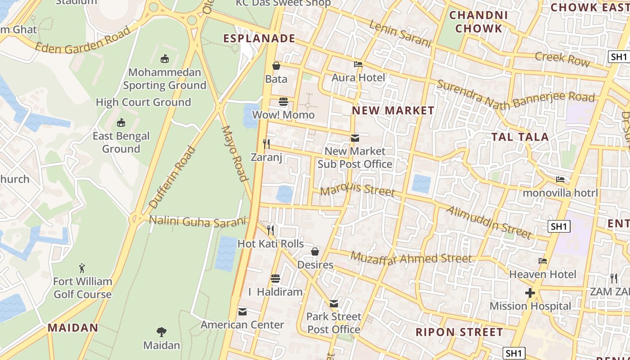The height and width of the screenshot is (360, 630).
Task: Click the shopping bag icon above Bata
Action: pos(276,66)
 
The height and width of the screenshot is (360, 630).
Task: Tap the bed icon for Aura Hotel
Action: pos(358,64)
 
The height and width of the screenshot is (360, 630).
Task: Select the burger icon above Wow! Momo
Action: pos(283,102)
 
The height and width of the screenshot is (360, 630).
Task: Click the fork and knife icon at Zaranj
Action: pos(266,144)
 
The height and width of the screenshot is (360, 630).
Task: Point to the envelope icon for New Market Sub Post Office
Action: pos(355,138)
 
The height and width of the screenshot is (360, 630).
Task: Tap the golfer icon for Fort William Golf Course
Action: pos(82,269)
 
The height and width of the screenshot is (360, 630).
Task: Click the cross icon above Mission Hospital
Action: pos(530,293)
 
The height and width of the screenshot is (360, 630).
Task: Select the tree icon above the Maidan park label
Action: pos(162,333)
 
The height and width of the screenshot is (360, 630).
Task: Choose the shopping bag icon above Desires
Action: pos(315,252)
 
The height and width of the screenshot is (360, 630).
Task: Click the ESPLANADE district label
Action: pos(259,39)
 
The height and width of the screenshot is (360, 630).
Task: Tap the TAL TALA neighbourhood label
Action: pos(520,137)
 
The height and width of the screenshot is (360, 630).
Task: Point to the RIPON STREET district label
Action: pos(459,333)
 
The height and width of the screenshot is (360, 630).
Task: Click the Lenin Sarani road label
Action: pos(400,34)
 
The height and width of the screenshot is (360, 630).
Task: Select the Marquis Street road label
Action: pos(357,190)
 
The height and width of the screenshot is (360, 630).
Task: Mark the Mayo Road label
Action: pos(235,153)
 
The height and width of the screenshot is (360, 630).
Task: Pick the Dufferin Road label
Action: pos(172,177)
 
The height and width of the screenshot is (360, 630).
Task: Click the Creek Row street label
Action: pos(562,58)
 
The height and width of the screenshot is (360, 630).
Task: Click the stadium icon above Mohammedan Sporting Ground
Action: pos(165,58)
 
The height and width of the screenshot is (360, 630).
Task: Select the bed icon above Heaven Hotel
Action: pos(543,261)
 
